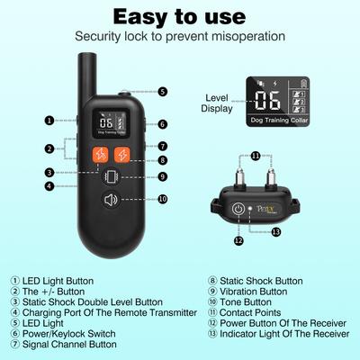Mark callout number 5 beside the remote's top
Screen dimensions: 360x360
161,92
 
